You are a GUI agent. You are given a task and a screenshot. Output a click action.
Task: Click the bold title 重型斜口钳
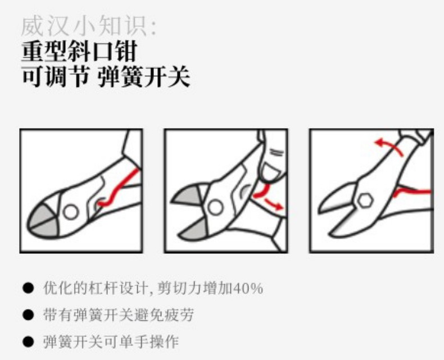(x=80, y=51)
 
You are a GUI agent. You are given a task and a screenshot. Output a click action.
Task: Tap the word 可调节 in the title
(x=56, y=76)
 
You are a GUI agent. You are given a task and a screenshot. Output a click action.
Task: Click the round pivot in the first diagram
(x=70, y=212)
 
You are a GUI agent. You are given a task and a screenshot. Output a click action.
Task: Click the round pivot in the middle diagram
(x=215, y=207)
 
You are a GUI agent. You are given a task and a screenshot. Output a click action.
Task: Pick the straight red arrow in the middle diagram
(x=274, y=204)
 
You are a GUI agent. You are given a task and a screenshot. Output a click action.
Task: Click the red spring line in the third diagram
(x=412, y=192)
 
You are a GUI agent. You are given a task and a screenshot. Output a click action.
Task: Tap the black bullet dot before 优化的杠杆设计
(x=28, y=289)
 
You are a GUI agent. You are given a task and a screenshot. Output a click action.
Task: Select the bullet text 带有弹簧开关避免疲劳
(x=119, y=315)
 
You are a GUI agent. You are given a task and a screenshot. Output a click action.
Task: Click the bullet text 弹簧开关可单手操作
(x=111, y=341)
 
